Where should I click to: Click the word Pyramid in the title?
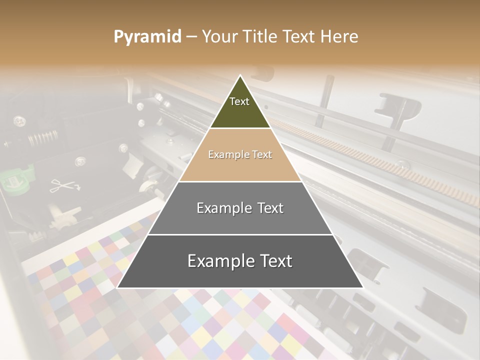click(x=147, y=37)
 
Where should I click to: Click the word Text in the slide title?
click(x=299, y=37)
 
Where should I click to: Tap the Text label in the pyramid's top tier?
click(x=239, y=101)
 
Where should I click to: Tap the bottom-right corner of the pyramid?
click(x=362, y=287)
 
